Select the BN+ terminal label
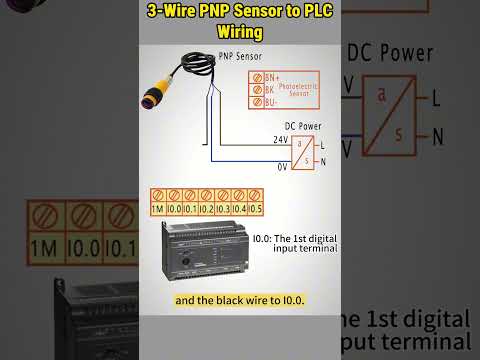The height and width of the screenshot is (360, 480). click(x=271, y=77)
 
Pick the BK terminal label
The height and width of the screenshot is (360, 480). click(x=270, y=89)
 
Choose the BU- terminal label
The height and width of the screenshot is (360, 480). click(x=270, y=100)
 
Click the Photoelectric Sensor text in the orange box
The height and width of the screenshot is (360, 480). click(x=299, y=89)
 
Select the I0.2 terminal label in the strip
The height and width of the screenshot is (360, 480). click(x=206, y=209)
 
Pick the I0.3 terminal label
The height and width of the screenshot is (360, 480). click(x=223, y=209)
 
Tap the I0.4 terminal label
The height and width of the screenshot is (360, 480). click(x=239, y=209)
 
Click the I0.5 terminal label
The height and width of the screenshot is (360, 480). click(x=255, y=209)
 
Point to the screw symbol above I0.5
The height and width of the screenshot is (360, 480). click(x=255, y=194)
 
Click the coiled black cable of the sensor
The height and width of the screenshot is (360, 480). click(x=196, y=68)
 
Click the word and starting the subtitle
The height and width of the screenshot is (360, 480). click(x=185, y=300)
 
